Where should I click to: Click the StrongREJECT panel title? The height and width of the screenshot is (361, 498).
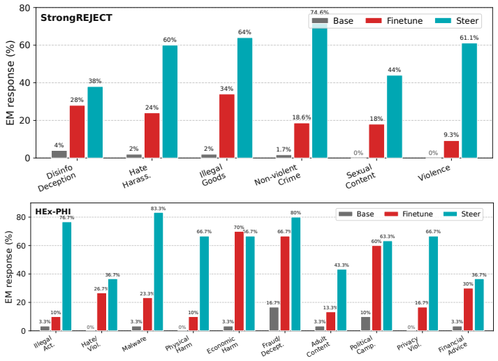coord(76,17)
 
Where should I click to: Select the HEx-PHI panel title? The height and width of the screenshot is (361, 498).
coord(53,212)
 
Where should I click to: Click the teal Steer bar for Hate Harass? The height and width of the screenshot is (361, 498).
coord(170,102)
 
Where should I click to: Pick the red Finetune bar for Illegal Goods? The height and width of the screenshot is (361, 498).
coord(227,126)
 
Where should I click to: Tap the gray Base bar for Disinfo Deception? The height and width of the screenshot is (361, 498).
coord(59,154)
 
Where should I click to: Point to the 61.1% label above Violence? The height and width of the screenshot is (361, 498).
coord(469,38)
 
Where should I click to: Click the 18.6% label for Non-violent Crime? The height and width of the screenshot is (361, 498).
coord(302,117)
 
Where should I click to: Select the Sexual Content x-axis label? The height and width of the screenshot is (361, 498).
coord(360,176)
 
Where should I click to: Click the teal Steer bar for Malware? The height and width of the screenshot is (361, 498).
coord(159,272)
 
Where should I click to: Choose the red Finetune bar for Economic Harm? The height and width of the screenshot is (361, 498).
coord(239,281)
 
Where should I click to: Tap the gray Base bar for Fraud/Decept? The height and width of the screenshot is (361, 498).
coord(274,319)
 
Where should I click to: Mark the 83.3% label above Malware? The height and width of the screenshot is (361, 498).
coord(158,209)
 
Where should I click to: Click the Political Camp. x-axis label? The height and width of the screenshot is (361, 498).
coord(362,346)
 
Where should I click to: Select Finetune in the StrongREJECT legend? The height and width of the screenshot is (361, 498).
coord(404,21)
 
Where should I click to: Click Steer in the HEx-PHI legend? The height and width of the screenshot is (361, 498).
coord(471,214)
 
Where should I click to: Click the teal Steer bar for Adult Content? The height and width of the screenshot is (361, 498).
coord(342,300)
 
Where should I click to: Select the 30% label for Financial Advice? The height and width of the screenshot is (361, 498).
coord(468,284)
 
